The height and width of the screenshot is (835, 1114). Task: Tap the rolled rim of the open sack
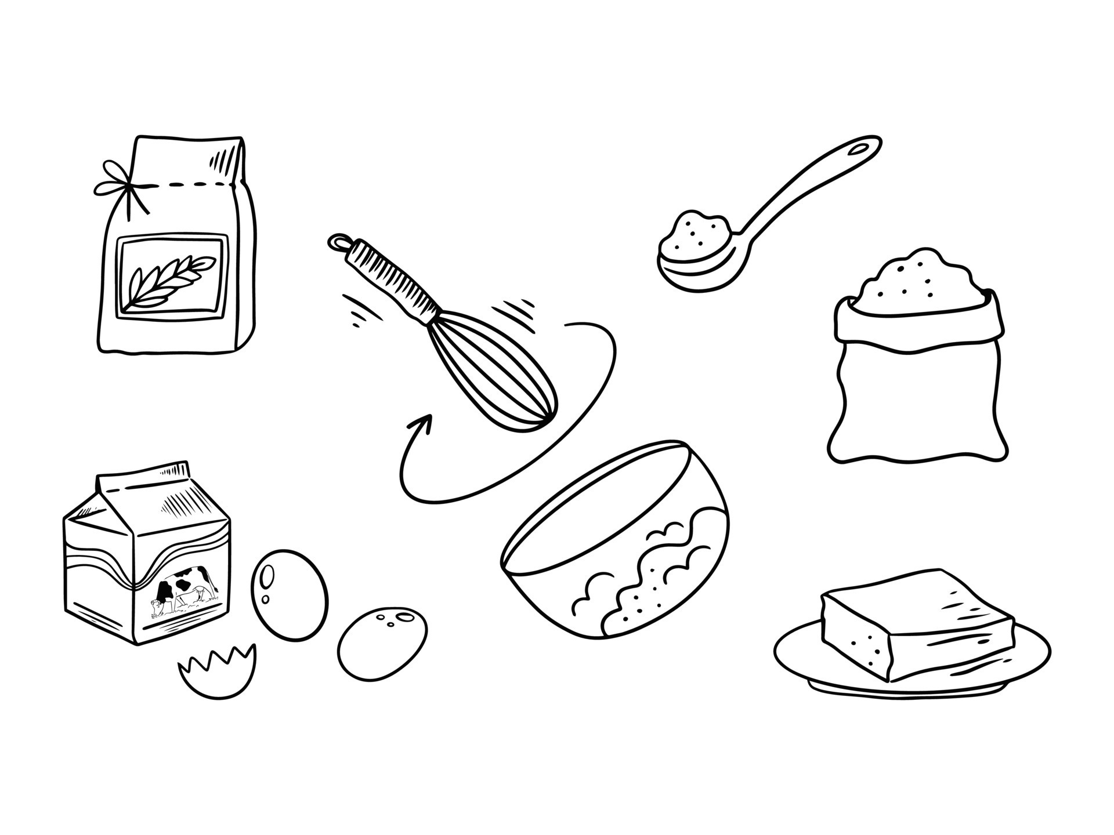coord(917,336)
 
